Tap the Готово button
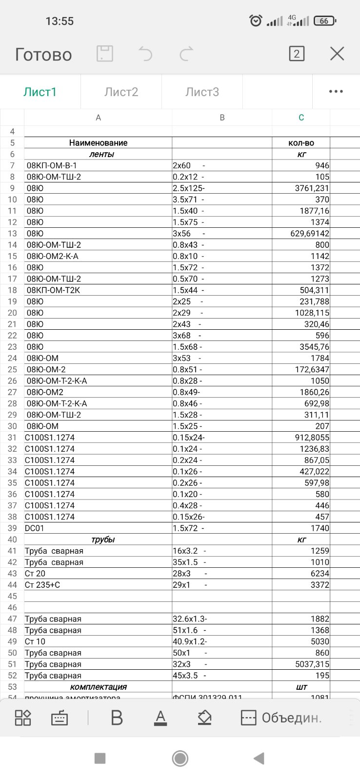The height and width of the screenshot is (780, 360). (x=43, y=54)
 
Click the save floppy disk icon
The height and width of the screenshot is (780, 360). (x=104, y=54)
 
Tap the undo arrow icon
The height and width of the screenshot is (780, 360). (x=145, y=54)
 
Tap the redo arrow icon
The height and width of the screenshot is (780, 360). (x=186, y=54)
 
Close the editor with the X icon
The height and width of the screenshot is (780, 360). (x=337, y=54)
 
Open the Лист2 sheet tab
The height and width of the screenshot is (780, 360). (x=121, y=92)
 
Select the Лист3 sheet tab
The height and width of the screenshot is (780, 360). (x=202, y=92)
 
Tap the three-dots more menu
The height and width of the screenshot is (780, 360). (x=336, y=92)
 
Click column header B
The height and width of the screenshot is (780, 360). (x=222, y=118)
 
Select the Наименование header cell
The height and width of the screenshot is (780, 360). (x=98, y=143)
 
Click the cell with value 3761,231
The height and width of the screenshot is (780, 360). (x=301, y=188)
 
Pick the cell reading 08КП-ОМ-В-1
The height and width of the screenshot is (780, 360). (x=98, y=166)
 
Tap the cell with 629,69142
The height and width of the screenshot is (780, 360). (x=301, y=234)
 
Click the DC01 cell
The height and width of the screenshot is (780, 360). (x=98, y=528)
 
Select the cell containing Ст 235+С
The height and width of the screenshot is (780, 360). (x=98, y=585)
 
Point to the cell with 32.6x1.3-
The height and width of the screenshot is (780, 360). (x=222, y=619)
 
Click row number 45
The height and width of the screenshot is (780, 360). (x=12, y=596)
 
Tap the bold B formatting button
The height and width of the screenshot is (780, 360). (x=117, y=718)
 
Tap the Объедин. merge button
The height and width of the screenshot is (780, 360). (x=281, y=718)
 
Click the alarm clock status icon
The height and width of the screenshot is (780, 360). (x=256, y=20)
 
